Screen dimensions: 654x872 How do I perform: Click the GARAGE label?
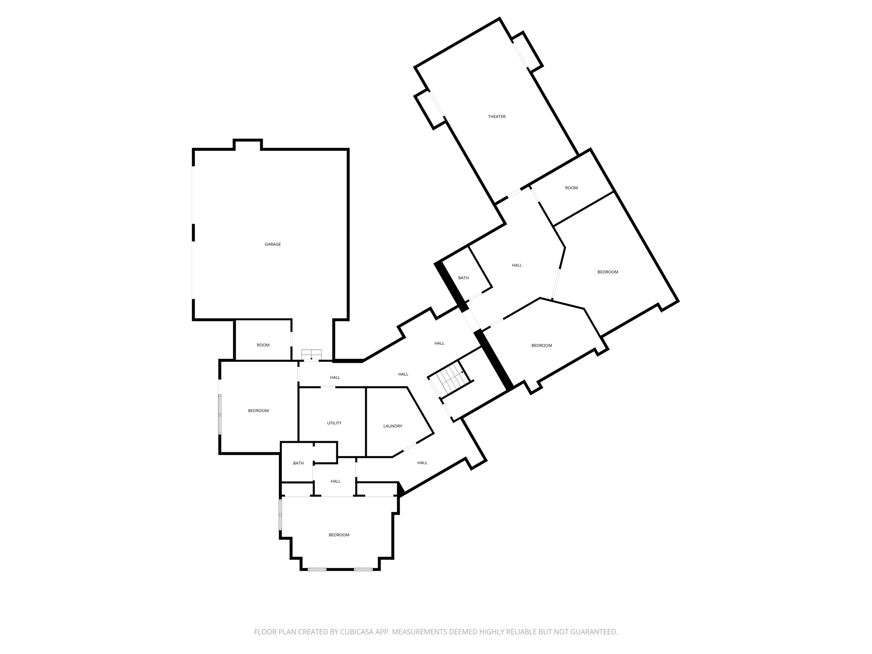pyautogui.click(x=272, y=244)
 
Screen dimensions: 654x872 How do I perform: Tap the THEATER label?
pyautogui.click(x=496, y=117)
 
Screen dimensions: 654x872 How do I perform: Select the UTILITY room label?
pyautogui.click(x=334, y=423)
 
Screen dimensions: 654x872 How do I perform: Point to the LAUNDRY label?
pyautogui.click(x=393, y=426)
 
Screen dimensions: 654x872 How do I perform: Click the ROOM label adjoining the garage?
pyautogui.click(x=263, y=345)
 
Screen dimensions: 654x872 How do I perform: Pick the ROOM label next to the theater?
pyautogui.click(x=571, y=188)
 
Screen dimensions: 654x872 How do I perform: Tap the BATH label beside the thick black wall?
pyautogui.click(x=463, y=278)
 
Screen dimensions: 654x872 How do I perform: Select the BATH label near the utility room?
pyautogui.click(x=298, y=463)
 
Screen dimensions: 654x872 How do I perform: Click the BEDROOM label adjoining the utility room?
pyautogui.click(x=258, y=411)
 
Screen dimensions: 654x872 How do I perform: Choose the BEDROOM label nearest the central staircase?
pyautogui.click(x=542, y=345)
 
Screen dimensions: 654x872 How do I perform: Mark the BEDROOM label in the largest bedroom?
pyautogui.click(x=608, y=272)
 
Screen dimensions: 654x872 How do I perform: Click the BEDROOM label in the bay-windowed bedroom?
pyautogui.click(x=339, y=535)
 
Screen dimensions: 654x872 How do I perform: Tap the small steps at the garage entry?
pyautogui.click(x=311, y=355)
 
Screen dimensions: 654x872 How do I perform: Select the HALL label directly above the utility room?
pyautogui.click(x=335, y=378)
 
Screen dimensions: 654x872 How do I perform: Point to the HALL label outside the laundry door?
pyautogui.click(x=422, y=463)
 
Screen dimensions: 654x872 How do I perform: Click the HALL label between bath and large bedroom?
pyautogui.click(x=516, y=265)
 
